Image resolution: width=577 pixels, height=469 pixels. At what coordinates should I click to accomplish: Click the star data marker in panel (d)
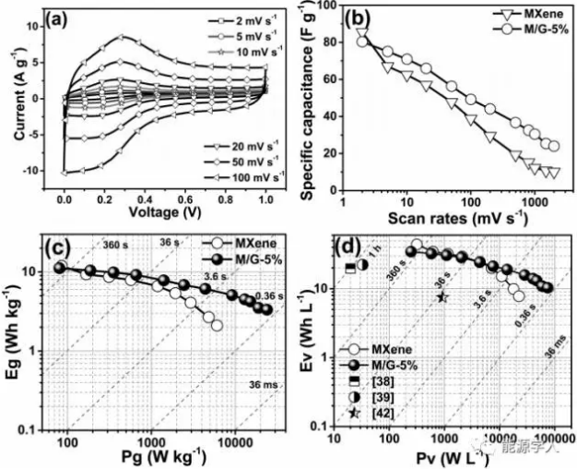click(442, 297)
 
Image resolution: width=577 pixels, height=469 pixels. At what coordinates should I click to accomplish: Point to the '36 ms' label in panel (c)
click(252, 385)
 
